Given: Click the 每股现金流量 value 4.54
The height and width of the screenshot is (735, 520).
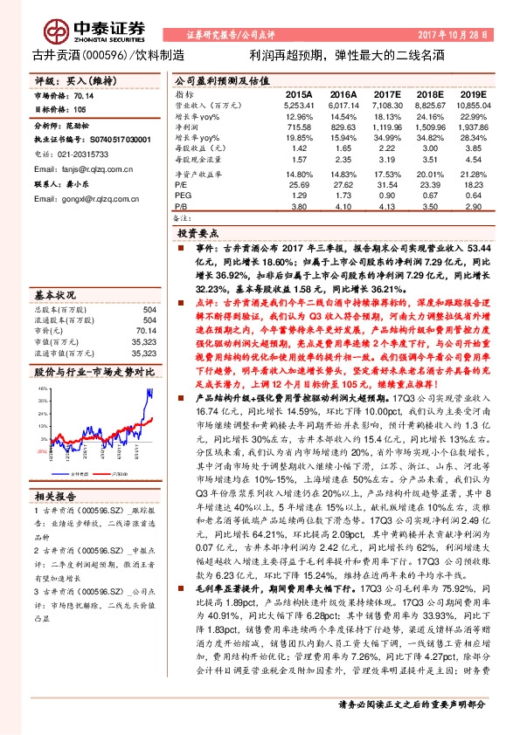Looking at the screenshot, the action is click(x=472, y=161).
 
